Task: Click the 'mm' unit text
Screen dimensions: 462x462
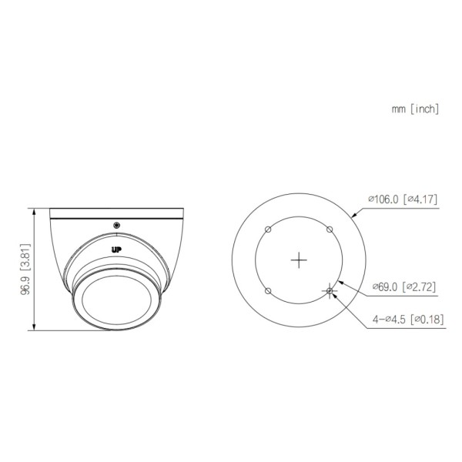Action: (x=398, y=109)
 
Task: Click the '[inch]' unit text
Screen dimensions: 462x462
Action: (x=423, y=109)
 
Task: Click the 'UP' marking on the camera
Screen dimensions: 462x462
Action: (x=116, y=248)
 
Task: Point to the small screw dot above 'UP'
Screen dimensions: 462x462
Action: (x=116, y=225)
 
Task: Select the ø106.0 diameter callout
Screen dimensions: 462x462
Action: (x=385, y=199)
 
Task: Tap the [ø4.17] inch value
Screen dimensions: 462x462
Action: (x=421, y=199)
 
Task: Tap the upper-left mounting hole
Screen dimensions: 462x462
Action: (x=266, y=229)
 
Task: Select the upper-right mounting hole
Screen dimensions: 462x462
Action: (x=330, y=229)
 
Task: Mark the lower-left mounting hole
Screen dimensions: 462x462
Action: (x=266, y=290)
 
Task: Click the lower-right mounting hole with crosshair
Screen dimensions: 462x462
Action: (x=330, y=290)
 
